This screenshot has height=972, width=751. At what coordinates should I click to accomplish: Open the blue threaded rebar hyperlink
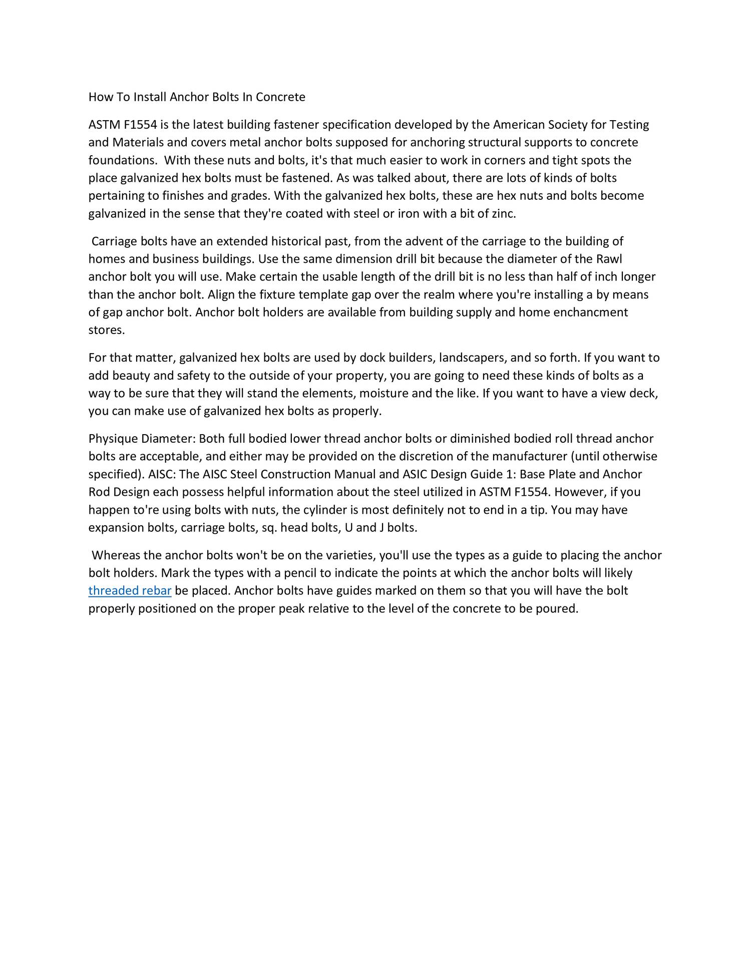130,591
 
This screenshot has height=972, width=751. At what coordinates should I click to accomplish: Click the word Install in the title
149,97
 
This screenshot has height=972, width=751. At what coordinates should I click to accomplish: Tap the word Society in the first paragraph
569,125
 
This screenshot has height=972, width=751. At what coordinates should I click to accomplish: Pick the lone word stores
106,331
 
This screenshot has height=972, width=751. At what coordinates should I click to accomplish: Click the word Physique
113,439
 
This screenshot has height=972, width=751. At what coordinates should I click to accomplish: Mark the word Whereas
116,555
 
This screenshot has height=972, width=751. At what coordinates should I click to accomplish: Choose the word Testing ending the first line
629,125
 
